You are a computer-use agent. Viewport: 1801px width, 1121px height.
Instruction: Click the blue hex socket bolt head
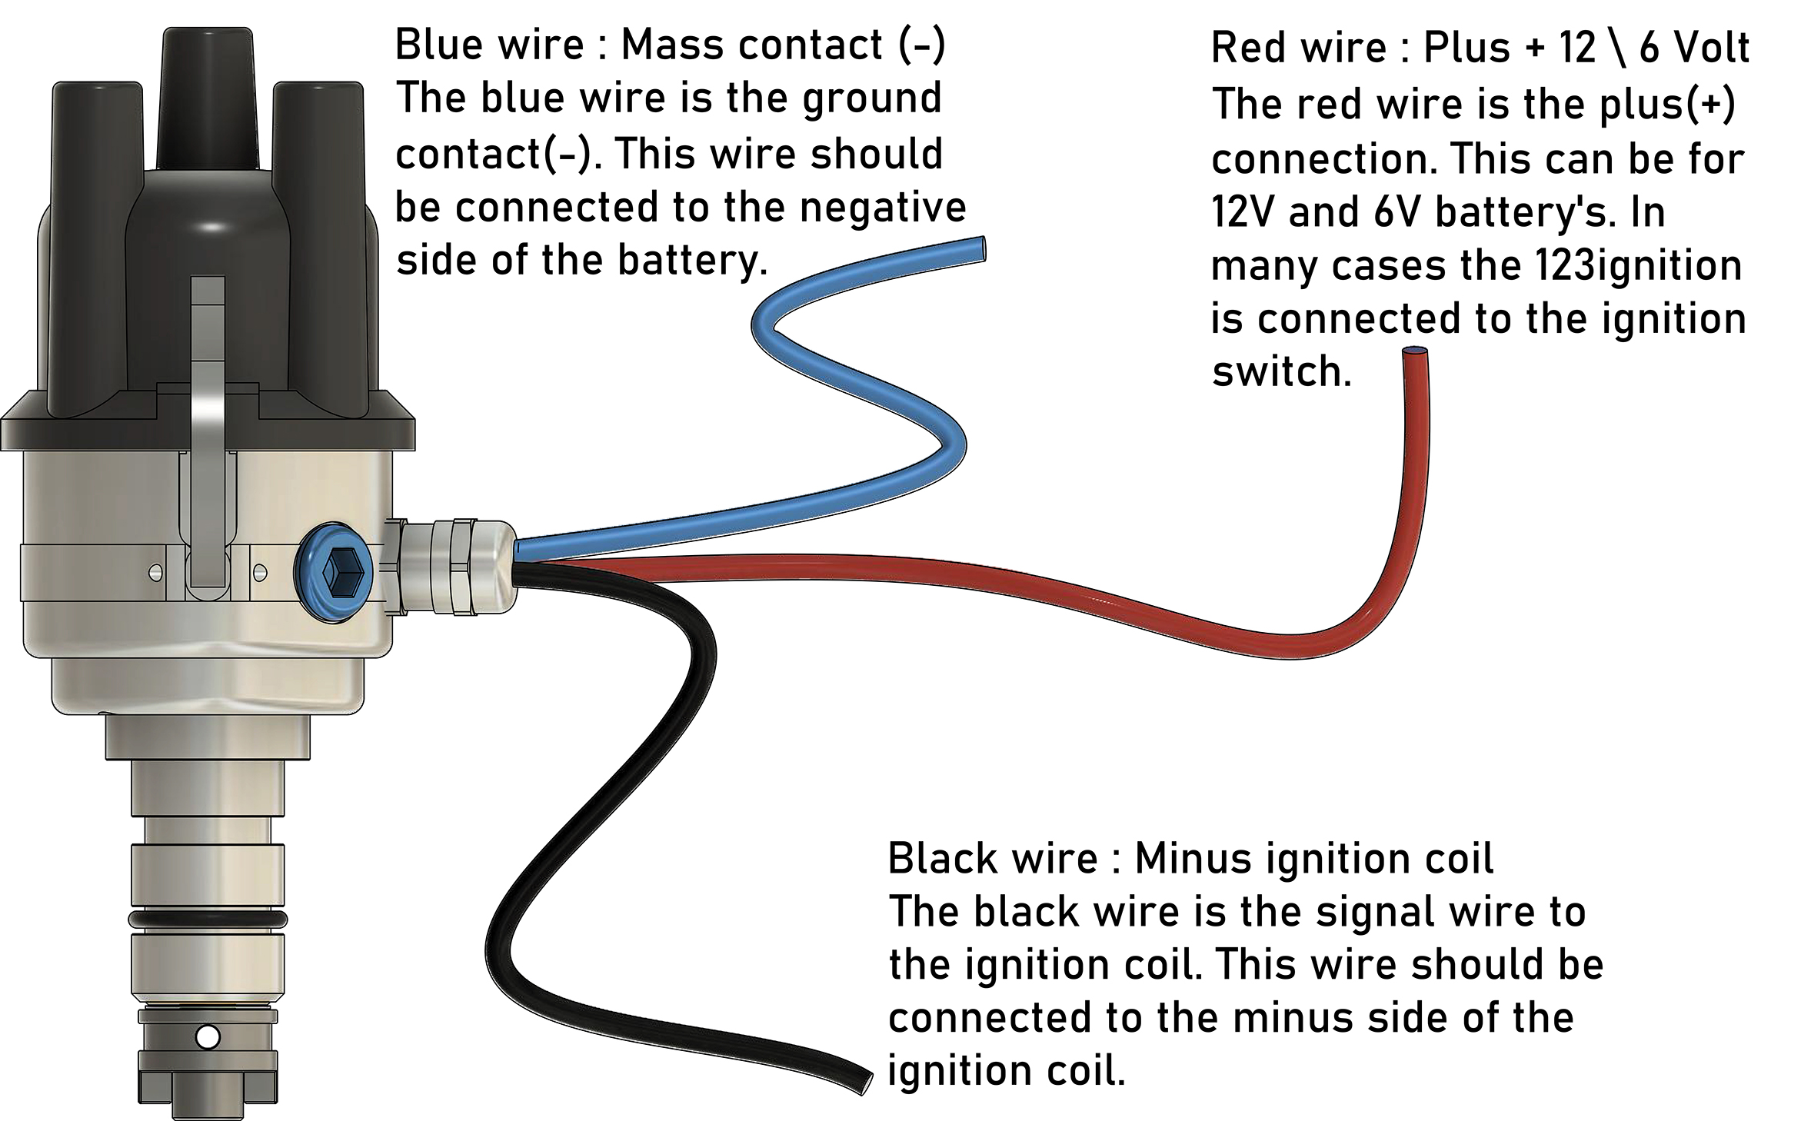click(334, 573)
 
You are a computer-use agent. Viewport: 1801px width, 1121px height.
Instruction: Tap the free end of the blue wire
click(978, 251)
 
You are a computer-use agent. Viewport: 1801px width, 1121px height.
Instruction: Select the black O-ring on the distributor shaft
click(208, 919)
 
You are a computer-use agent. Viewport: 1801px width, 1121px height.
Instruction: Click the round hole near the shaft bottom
click(208, 1037)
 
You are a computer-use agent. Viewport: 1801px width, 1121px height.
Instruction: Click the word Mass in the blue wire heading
click(674, 45)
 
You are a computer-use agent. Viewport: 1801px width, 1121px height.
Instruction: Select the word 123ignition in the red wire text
click(1638, 266)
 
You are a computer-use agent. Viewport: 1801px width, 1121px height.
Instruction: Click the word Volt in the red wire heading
click(1712, 48)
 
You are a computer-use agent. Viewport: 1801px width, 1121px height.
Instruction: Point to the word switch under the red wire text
click(1280, 372)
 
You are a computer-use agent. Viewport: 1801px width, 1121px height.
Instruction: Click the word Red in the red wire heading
click(1247, 48)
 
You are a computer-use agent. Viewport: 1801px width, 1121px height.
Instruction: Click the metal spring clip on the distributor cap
click(208, 431)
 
